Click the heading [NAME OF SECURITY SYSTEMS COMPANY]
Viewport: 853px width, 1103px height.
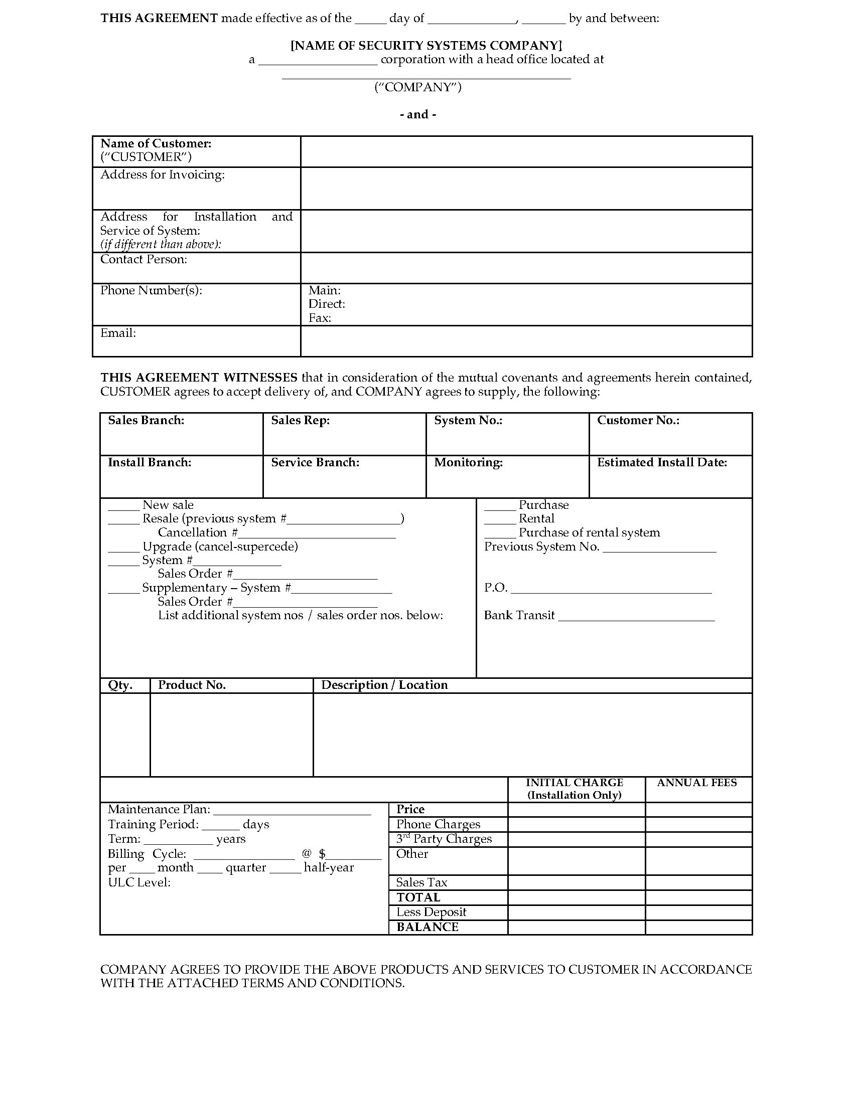coord(426,46)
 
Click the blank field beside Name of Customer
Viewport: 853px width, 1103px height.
coord(525,151)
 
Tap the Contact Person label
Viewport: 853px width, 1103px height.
coord(144,260)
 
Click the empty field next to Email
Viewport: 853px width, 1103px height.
coord(525,341)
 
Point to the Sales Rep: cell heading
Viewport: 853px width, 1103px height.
coord(300,421)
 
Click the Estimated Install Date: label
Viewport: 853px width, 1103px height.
coord(662,463)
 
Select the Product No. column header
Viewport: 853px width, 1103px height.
coord(192,685)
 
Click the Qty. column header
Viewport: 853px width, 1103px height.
coord(120,685)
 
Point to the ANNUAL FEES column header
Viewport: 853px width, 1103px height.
coord(697,783)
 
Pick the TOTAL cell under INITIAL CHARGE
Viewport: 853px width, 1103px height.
coord(576,897)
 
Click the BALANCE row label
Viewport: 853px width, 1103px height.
coord(428,927)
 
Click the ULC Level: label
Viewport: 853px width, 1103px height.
coord(139,883)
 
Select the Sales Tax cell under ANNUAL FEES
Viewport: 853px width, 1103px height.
coord(698,883)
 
